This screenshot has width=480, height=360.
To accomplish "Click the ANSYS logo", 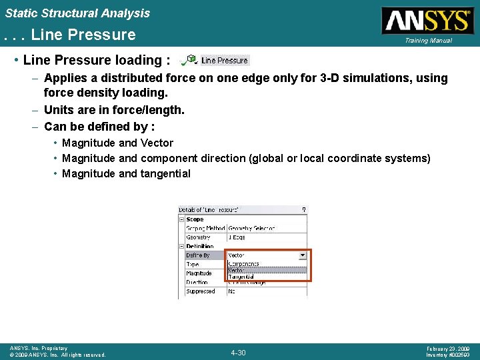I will (425, 21).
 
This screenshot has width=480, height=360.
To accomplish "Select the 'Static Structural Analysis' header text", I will (78, 13).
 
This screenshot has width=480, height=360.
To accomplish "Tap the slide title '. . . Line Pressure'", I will (69, 35).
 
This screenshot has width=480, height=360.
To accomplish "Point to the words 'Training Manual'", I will (427, 41).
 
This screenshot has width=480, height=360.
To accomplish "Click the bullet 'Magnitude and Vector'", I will (117, 143).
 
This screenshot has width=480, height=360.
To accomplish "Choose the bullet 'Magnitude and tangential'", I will (126, 173).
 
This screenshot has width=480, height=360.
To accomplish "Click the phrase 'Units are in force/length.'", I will (114, 109).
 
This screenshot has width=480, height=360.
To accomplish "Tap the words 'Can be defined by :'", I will (99, 126).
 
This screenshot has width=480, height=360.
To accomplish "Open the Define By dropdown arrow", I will (303, 255).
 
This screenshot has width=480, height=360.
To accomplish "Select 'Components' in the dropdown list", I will (244, 264).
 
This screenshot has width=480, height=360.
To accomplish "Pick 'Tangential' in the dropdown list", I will (241, 277).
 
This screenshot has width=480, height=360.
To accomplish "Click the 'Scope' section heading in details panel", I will (195, 219).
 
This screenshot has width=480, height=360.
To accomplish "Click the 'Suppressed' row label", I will (201, 291).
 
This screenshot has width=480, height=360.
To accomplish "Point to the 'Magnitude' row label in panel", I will (199, 273).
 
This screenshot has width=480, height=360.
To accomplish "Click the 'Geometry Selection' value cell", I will (252, 228).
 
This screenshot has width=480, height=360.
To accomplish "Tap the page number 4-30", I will (238, 352).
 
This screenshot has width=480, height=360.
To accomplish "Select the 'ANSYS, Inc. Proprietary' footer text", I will (39, 349).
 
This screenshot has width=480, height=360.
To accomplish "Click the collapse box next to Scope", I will (181, 219).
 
